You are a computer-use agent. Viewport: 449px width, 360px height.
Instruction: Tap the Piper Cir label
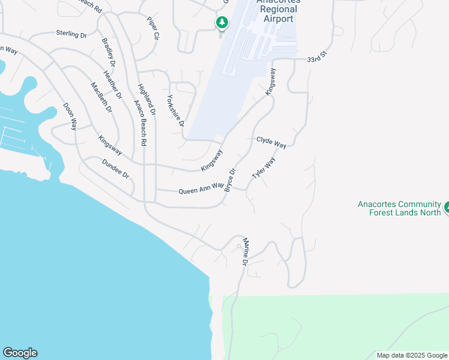(152, 28)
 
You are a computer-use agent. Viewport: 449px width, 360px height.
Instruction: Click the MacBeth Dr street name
(101, 97)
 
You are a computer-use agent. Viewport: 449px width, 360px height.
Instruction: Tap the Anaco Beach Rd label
(140, 123)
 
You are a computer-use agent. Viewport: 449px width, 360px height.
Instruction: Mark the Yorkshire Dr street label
(175, 110)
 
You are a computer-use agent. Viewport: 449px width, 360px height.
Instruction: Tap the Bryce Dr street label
(231, 179)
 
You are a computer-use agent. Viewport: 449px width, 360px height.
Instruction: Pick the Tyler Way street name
(264, 167)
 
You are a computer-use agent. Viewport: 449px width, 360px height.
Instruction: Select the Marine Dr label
(245, 251)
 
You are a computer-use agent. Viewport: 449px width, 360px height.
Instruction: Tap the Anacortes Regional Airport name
(277, 11)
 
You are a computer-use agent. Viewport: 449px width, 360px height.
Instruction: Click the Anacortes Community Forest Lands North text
(399, 208)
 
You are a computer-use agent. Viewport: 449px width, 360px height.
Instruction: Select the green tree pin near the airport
(222, 23)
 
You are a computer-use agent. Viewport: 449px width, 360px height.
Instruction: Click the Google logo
(20, 353)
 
